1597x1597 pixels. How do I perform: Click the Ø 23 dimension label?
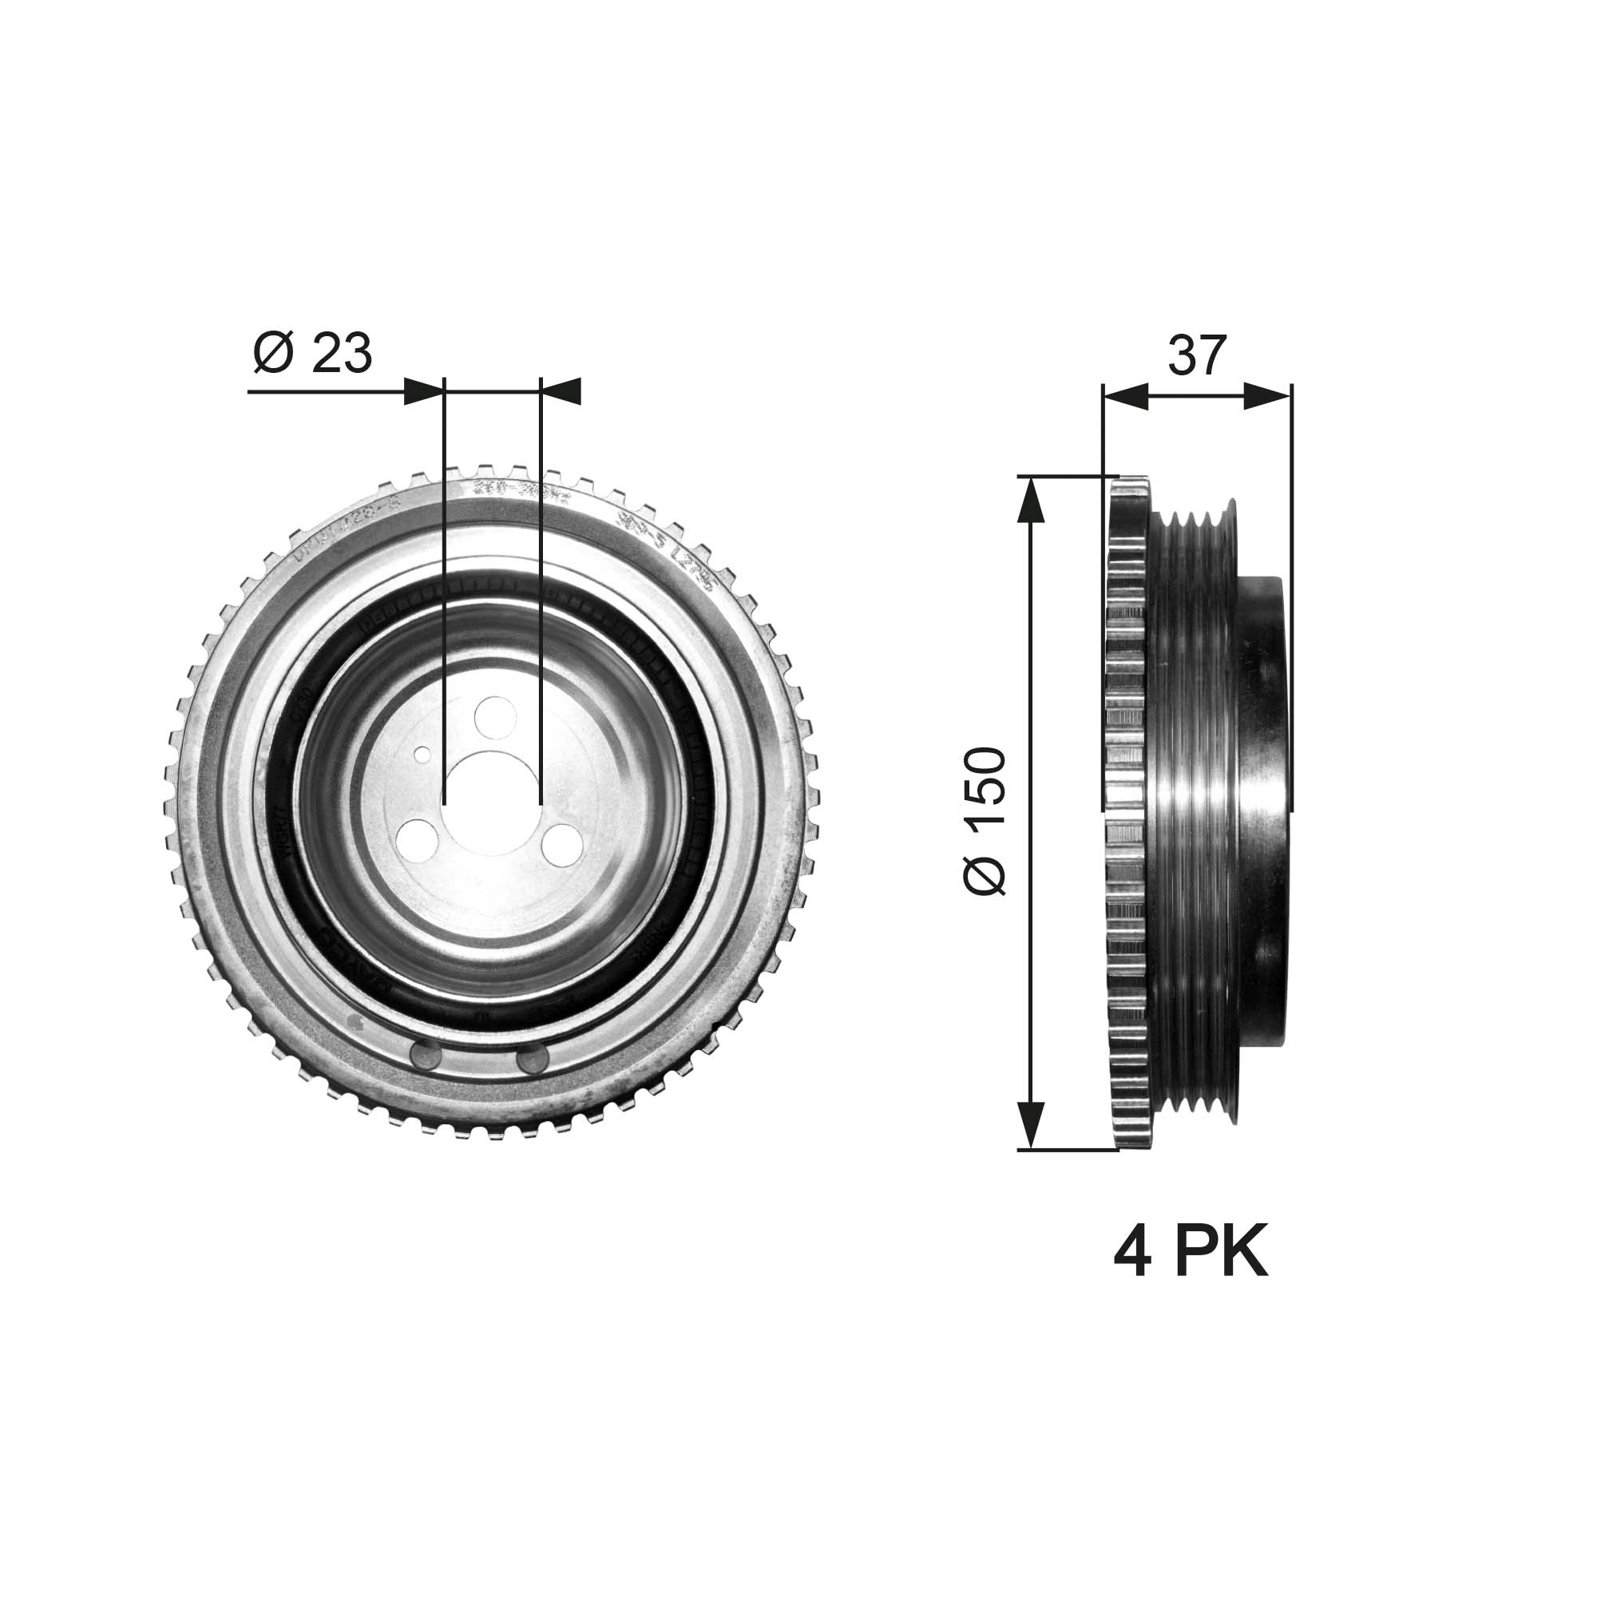tap(312, 354)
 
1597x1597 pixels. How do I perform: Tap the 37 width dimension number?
tap(1196, 356)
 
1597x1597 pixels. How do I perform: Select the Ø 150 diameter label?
tap(985, 820)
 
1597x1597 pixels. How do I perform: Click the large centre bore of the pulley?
tap(491, 795)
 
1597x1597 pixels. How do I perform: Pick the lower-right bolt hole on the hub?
tap(564, 844)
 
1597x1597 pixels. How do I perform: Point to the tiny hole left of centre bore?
tap(422, 754)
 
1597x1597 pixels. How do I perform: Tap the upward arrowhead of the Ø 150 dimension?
tap(1030, 501)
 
